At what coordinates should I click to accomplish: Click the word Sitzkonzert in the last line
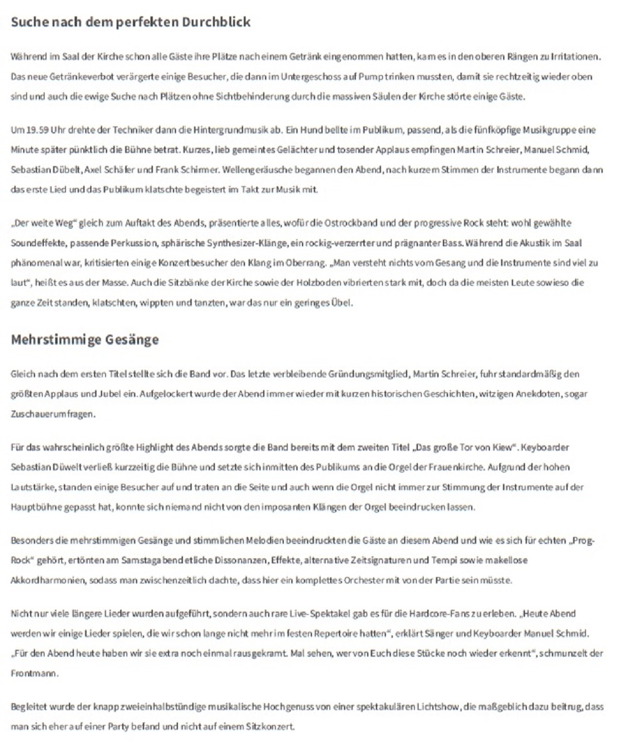[x=272, y=727]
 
